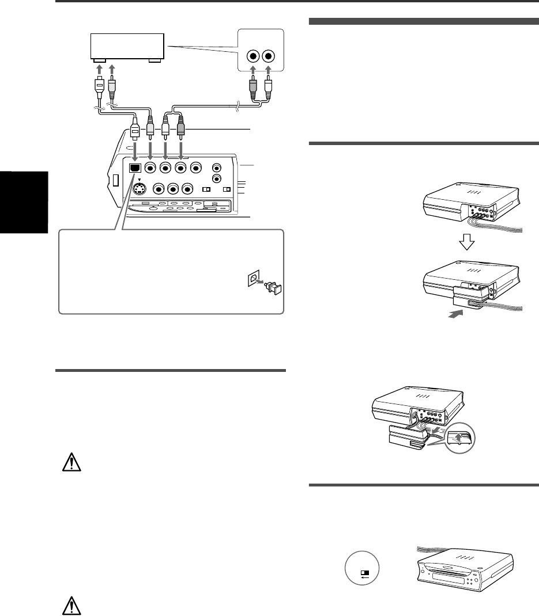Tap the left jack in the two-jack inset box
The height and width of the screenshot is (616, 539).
[252, 57]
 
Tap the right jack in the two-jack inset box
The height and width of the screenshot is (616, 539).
[268, 57]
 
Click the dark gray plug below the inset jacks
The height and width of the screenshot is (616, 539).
[251, 87]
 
